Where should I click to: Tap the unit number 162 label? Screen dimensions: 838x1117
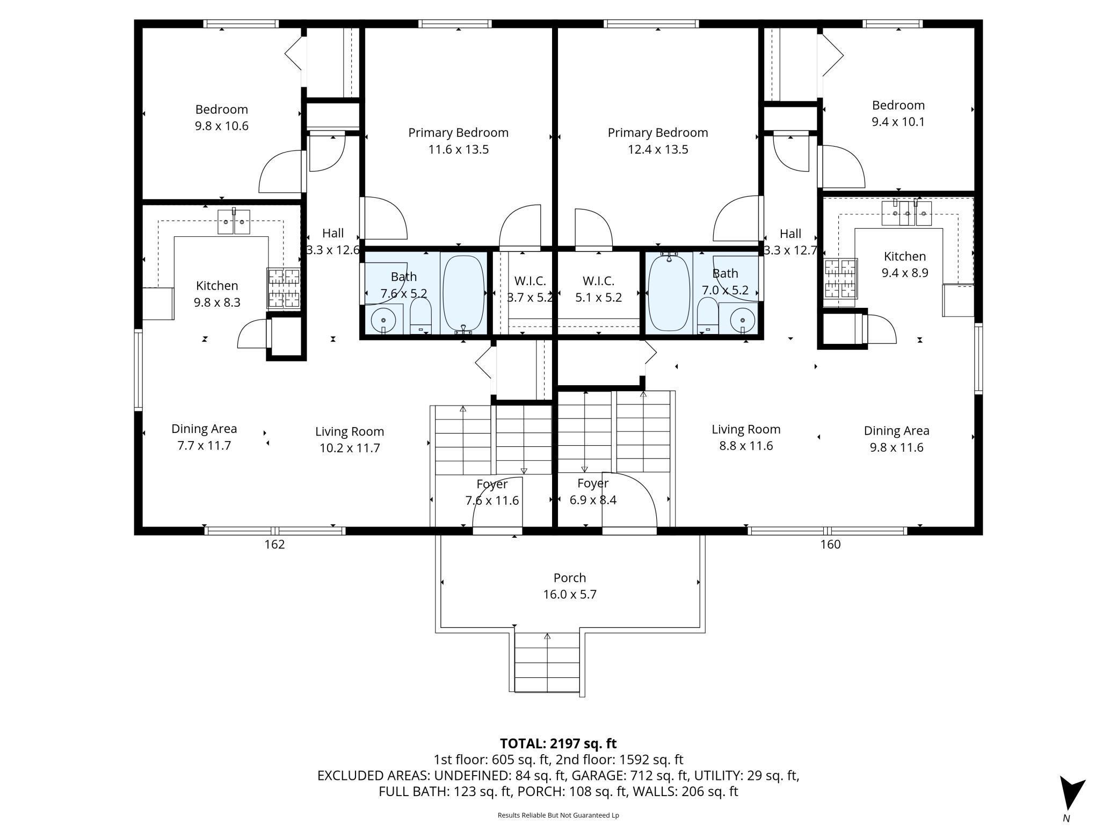pyautogui.click(x=274, y=544)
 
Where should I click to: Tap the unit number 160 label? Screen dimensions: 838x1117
pyautogui.click(x=830, y=544)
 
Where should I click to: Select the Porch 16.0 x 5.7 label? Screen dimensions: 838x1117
pyautogui.click(x=570, y=586)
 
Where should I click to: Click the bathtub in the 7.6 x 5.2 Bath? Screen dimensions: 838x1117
pyautogui.click(x=463, y=293)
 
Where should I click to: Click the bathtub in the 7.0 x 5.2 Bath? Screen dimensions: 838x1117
pyautogui.click(x=669, y=293)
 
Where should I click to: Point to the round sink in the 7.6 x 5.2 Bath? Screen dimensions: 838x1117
pyautogui.click(x=383, y=320)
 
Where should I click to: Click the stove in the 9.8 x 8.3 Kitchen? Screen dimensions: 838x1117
pyautogui.click(x=284, y=288)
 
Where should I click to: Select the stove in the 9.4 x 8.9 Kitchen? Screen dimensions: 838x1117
pyautogui.click(x=841, y=278)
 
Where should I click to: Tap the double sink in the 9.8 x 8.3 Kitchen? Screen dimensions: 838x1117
pyautogui.click(x=234, y=222)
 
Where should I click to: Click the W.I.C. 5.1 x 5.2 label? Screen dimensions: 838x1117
pyautogui.click(x=598, y=289)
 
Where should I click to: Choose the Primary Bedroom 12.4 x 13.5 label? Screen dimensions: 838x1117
pyautogui.click(x=658, y=141)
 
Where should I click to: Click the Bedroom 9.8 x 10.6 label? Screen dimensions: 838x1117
pyautogui.click(x=221, y=118)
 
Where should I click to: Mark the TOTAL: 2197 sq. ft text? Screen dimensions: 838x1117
pyautogui.click(x=558, y=743)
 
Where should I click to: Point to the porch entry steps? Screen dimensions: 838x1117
pyautogui.click(x=547, y=663)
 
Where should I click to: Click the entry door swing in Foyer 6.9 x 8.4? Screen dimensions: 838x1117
pyautogui.click(x=629, y=502)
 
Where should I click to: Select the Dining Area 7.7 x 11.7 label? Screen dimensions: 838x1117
pyautogui.click(x=204, y=437)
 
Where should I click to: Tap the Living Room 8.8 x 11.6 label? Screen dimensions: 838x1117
pyautogui.click(x=746, y=437)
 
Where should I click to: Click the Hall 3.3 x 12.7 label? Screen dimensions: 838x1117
pyautogui.click(x=790, y=242)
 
